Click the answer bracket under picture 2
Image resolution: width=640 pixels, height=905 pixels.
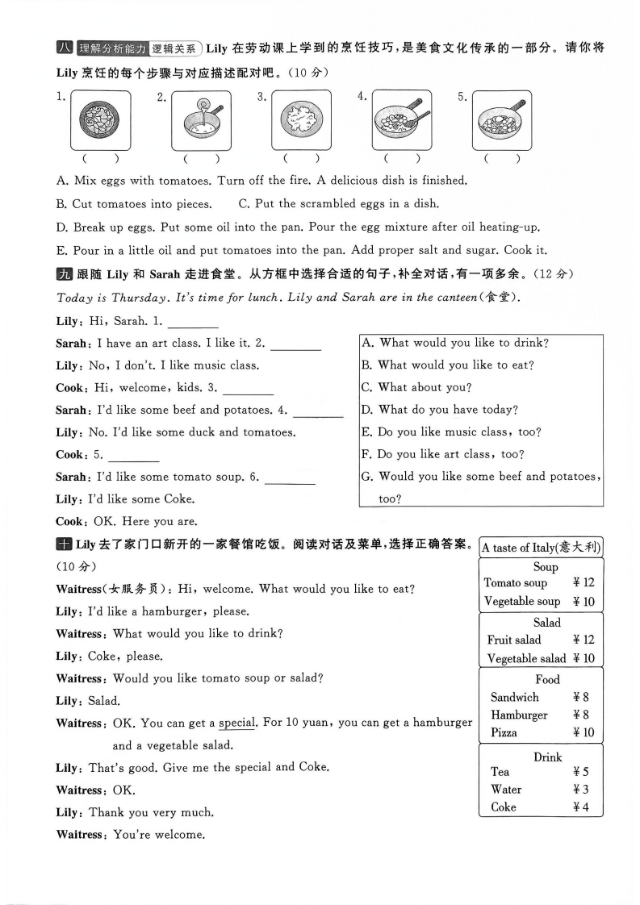(x=201, y=159)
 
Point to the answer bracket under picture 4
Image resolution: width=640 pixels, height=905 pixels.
(x=401, y=159)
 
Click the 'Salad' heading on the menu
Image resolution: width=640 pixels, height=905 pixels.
(x=546, y=622)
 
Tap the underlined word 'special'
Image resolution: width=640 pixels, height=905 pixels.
(x=236, y=722)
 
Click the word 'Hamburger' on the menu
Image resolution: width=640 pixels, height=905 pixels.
(x=519, y=715)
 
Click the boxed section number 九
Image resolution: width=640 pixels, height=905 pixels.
(x=64, y=275)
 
